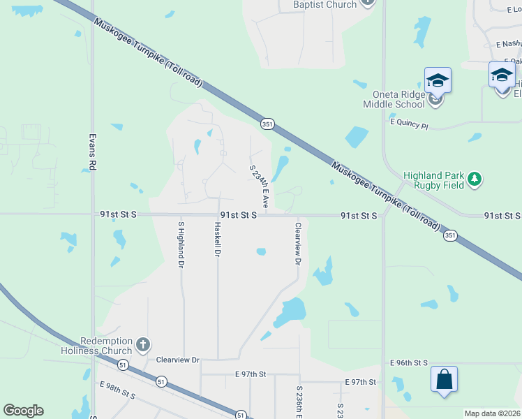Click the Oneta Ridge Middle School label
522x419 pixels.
[393, 98]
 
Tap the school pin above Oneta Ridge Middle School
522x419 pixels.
[438, 80]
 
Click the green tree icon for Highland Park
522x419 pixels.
[475, 179]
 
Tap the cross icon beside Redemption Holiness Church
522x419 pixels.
[142, 344]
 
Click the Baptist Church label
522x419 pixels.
[325, 5]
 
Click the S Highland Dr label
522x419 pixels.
[181, 244]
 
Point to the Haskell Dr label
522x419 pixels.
[218, 239]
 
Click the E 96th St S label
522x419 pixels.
[408, 363]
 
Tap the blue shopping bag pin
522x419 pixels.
[444, 381]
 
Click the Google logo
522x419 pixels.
[23, 411]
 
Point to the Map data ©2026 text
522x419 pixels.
[491, 413]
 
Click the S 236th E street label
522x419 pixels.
[299, 402]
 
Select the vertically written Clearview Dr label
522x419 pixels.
[298, 244]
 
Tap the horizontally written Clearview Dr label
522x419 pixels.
[178, 360]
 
